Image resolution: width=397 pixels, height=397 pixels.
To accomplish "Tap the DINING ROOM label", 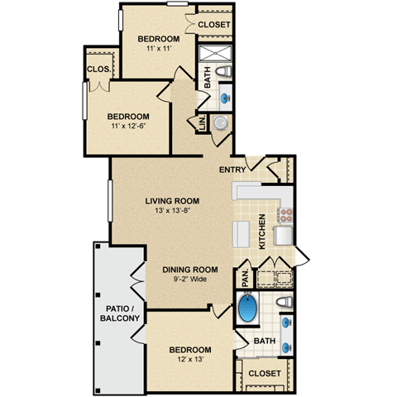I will pyautogui.click(x=189, y=270).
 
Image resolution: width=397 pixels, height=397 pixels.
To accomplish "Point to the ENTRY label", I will pyautogui.click(x=232, y=170).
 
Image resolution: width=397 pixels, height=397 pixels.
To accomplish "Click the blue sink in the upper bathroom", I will pyautogui.click(x=225, y=98).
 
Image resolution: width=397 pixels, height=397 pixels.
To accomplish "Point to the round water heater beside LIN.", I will pyautogui.click(x=220, y=123).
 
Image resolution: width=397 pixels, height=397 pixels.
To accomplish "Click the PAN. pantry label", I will pyautogui.click(x=246, y=276).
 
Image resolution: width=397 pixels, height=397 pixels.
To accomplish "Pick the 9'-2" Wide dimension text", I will pyautogui.click(x=189, y=280).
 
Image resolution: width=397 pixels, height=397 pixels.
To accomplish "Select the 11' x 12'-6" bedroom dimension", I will pyautogui.click(x=127, y=127).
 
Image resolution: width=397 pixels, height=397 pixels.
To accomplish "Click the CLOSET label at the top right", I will pyautogui.click(x=214, y=25).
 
